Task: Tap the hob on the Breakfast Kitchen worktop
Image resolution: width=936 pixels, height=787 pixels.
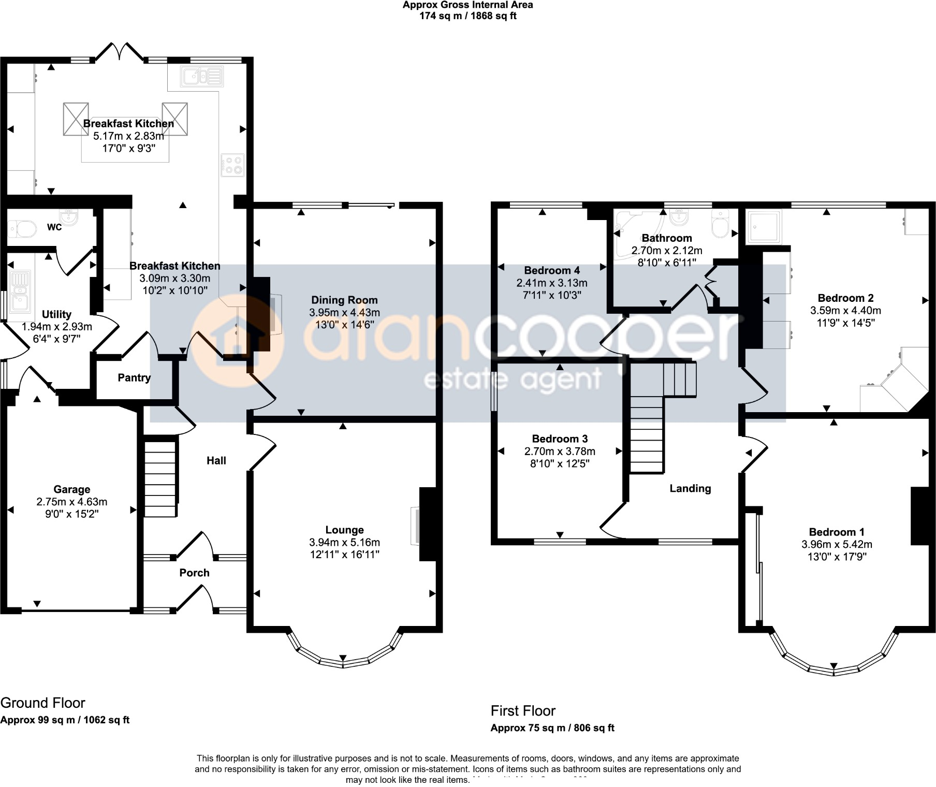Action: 232,165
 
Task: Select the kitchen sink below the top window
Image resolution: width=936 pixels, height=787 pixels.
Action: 202,77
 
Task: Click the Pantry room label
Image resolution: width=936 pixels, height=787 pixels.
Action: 134,378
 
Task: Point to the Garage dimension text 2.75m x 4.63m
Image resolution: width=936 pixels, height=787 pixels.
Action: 72,502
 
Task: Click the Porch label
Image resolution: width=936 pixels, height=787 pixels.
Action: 194,573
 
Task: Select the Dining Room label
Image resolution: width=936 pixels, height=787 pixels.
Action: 344,300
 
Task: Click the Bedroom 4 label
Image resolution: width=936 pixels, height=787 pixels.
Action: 552,270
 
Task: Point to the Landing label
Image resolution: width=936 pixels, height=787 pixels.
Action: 690,488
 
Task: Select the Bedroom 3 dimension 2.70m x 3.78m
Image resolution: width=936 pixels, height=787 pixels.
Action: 560,451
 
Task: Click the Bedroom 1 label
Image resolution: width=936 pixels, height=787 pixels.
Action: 837,532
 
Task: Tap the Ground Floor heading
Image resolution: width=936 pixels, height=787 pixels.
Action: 43,703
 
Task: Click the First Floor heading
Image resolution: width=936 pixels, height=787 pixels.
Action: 523,710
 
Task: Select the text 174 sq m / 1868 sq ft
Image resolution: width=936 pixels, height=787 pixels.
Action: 467,16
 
